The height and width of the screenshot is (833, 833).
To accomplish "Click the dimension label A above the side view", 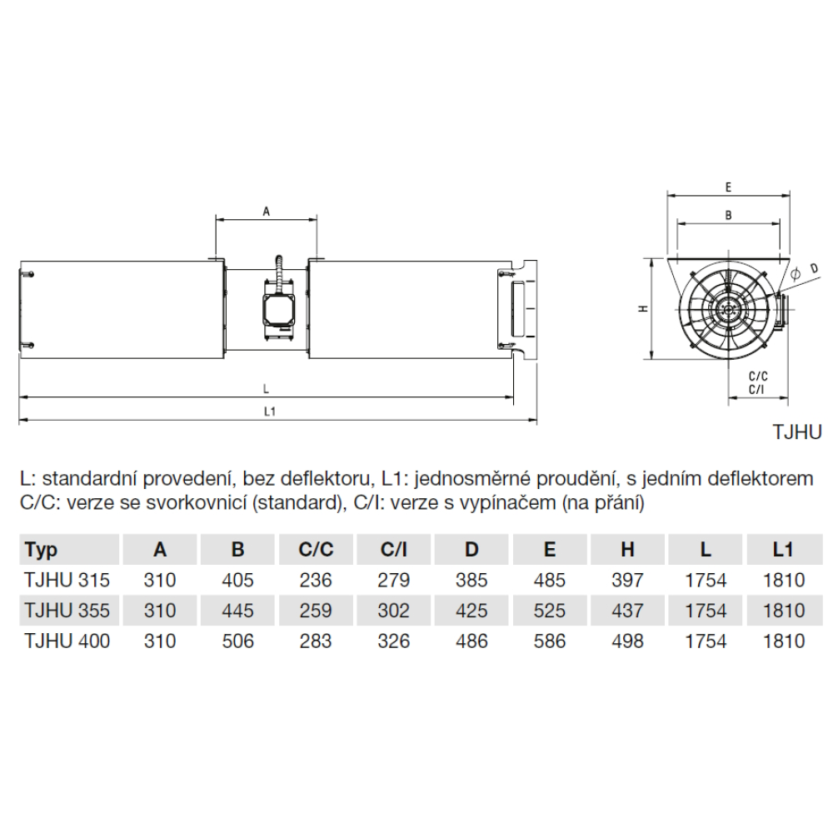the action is [x=267, y=212].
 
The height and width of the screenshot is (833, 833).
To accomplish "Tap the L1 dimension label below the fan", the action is [x=270, y=412].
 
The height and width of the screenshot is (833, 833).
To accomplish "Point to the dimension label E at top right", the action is [x=728, y=187].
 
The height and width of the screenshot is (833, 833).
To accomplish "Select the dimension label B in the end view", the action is [x=728, y=215].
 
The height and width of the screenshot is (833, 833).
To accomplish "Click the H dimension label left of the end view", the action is [x=643, y=308].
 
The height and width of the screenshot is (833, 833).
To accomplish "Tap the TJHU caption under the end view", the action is [x=797, y=431].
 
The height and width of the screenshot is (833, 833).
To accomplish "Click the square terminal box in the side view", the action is [x=279, y=309].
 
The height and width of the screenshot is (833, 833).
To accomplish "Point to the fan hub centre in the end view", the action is [x=726, y=310].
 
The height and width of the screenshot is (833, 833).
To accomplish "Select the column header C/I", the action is [x=394, y=549].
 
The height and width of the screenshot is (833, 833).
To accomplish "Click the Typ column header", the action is [x=41, y=551].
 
